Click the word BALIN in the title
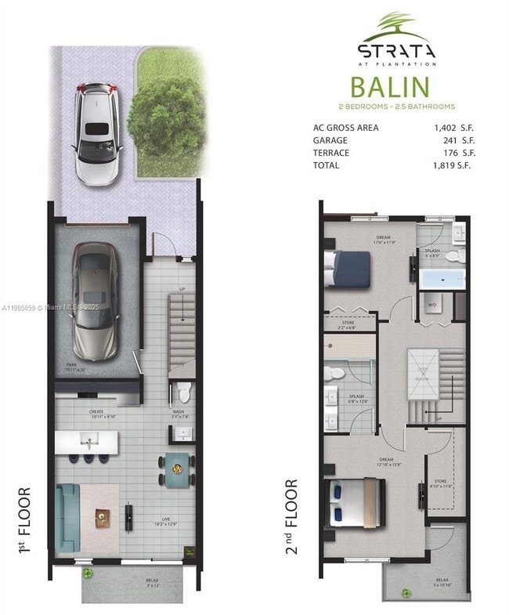(389, 86)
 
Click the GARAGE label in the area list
(330, 140)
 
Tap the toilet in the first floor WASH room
(182, 389)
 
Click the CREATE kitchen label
(96, 411)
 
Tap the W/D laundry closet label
(431, 305)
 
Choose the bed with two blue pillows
(356, 501)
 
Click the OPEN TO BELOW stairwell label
(423, 374)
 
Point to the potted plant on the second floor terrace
(406, 592)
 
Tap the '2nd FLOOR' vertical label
(291, 517)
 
